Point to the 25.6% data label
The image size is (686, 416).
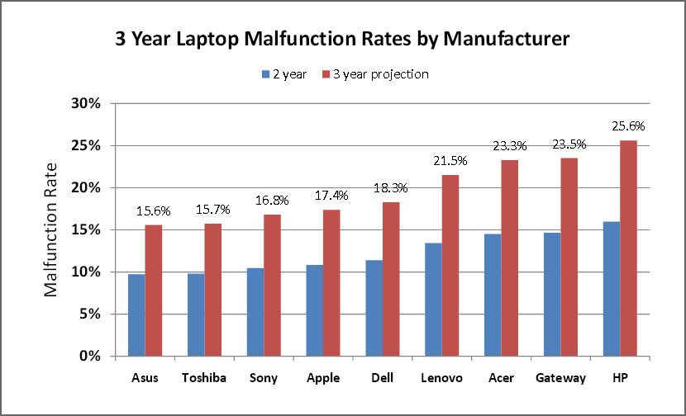coord(628,126)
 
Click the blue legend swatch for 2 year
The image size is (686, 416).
coord(266,74)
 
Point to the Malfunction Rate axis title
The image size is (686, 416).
coord(50,230)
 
